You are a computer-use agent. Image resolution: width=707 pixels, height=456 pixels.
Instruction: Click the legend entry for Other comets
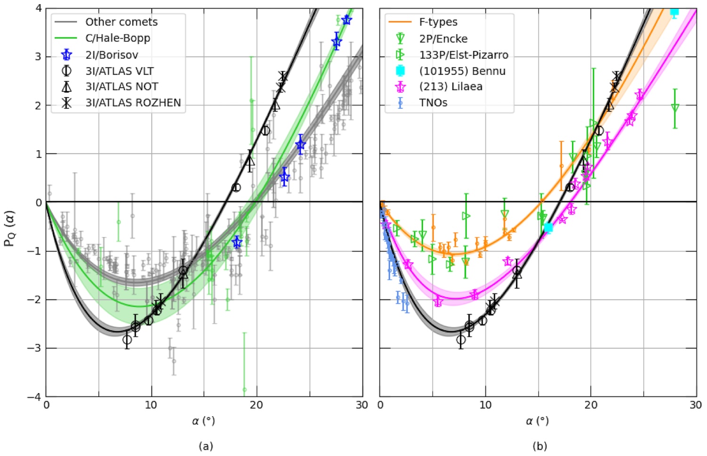tap(121, 22)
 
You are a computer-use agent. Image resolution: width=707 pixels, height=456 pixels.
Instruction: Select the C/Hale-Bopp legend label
tap(117, 38)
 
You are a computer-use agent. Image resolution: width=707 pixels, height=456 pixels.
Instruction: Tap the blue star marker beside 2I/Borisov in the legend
tap(66, 55)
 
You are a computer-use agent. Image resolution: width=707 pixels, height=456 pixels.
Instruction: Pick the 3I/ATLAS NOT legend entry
tap(122, 87)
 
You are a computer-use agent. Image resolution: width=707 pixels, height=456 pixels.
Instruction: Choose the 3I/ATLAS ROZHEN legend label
tap(133, 103)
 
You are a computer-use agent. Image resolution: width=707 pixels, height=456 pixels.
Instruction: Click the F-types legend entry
tap(438, 22)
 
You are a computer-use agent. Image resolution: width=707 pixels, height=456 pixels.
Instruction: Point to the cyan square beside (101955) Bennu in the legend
tap(400, 71)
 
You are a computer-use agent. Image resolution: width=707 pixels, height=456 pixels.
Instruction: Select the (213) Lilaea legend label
tap(451, 87)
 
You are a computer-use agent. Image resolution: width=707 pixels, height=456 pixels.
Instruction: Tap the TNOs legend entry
tap(433, 103)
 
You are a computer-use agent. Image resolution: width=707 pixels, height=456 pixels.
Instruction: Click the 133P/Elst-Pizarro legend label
tap(463, 55)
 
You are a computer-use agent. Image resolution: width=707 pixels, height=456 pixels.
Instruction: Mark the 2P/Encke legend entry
tap(443, 39)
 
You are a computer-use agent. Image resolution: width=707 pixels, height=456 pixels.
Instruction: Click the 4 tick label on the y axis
tap(39, 8)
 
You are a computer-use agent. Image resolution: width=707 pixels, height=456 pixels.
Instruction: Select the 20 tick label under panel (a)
tap(257, 405)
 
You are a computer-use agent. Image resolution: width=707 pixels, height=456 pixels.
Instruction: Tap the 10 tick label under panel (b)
tap(485, 405)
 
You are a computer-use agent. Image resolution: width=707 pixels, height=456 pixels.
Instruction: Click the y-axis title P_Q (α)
tap(9, 228)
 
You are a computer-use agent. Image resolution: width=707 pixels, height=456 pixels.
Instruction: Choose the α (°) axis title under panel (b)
tap(537, 421)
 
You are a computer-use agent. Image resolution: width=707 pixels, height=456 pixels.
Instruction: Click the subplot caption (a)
tap(206, 446)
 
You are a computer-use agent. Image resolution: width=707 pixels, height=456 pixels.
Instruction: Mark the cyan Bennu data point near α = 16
tap(548, 228)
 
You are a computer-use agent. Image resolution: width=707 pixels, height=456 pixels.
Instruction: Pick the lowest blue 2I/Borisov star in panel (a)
tap(237, 243)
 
